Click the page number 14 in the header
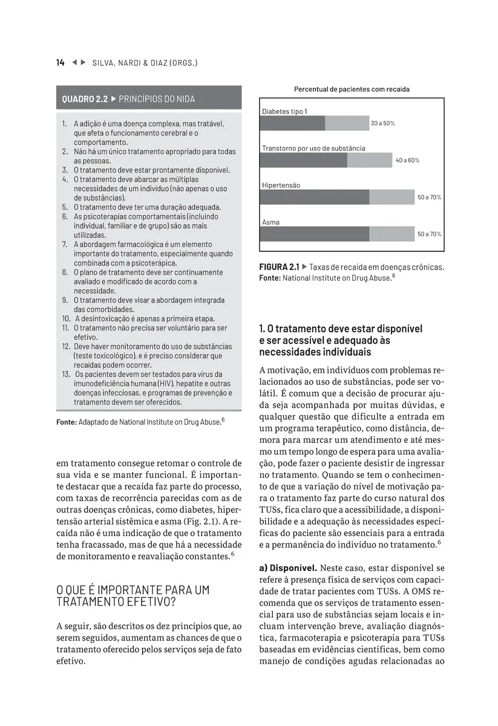click(x=61, y=63)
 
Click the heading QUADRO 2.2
click(x=85, y=99)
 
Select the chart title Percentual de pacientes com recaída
click(x=352, y=90)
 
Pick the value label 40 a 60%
click(x=407, y=160)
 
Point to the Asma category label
click(x=270, y=223)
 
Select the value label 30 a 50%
click(x=382, y=123)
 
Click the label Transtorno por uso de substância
click(x=313, y=148)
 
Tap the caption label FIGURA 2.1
click(x=278, y=267)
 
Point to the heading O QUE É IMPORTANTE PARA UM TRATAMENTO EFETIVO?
click(x=133, y=596)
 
